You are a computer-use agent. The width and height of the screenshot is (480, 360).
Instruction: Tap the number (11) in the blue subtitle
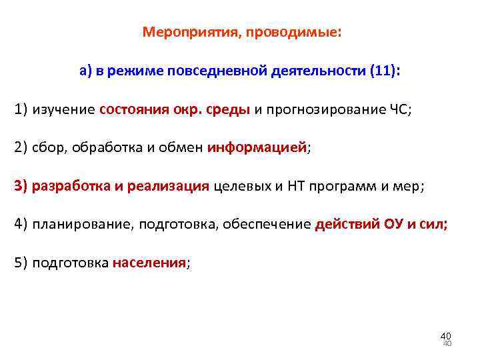pyautogui.click(x=383, y=71)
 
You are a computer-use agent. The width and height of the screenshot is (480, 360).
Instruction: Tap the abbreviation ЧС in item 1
pyautogui.click(x=402, y=110)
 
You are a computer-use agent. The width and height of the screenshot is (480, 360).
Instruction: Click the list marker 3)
pyautogui.click(x=22, y=187)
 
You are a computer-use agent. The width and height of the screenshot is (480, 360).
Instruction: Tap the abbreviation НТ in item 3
pyautogui.click(x=296, y=187)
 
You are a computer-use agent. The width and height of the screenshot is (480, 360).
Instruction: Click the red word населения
pyautogui.click(x=149, y=263)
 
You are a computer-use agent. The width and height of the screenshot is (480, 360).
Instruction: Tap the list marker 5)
pyautogui.click(x=22, y=263)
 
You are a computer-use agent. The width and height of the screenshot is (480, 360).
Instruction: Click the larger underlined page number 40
pyautogui.click(x=445, y=335)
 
